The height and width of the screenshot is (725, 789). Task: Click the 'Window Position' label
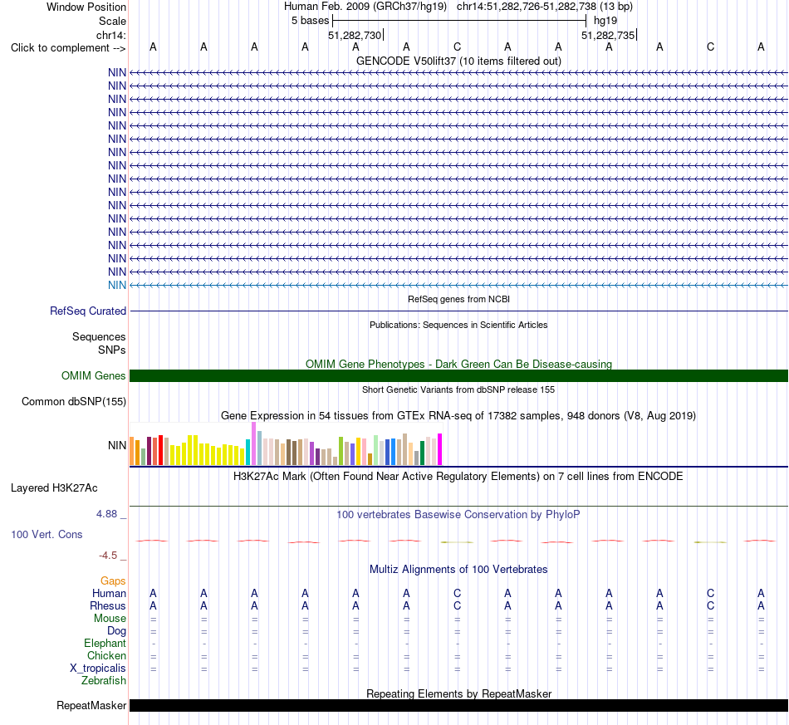pyautogui.click(x=86, y=7)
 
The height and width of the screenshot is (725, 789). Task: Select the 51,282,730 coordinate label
pyautogui.click(x=355, y=35)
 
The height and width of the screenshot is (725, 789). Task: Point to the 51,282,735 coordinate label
pyautogui.click(x=608, y=35)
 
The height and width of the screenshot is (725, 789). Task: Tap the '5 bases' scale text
pyautogui.click(x=310, y=21)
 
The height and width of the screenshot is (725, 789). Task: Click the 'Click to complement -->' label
pyautogui.click(x=68, y=48)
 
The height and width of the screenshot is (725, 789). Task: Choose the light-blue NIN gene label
pyautogui.click(x=117, y=286)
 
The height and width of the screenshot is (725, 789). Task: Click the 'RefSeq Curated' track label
pyautogui.click(x=88, y=311)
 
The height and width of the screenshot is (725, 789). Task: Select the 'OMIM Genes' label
pyautogui.click(x=94, y=376)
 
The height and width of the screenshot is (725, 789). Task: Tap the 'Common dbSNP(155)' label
pyautogui.click(x=74, y=401)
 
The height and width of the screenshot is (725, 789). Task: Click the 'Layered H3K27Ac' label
pyautogui.click(x=54, y=488)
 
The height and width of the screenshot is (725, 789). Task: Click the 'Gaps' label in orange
pyautogui.click(x=113, y=581)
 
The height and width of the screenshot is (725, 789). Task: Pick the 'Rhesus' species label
pyautogui.click(x=108, y=605)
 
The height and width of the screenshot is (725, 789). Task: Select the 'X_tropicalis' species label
pyautogui.click(x=98, y=669)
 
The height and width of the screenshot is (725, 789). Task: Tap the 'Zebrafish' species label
pyautogui.click(x=104, y=681)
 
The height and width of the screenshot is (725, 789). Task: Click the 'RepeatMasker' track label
pyautogui.click(x=91, y=705)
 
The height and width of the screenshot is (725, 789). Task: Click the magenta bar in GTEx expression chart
pyautogui.click(x=440, y=448)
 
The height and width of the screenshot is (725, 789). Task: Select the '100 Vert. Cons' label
pyautogui.click(x=47, y=534)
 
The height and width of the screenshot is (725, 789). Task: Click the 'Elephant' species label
pyautogui.click(x=105, y=644)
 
